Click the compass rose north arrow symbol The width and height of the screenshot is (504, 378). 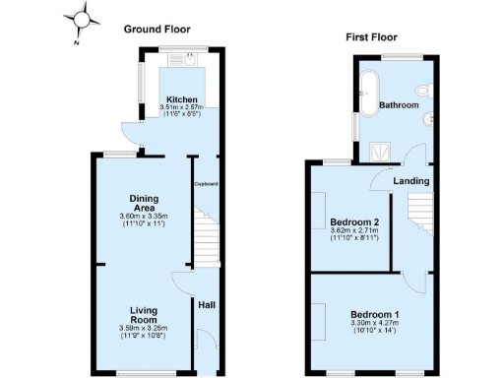pyautogui.click(x=85, y=19)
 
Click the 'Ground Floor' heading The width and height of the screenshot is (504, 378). pyautogui.click(x=157, y=30)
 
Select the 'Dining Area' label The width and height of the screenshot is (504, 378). pyautogui.click(x=145, y=203)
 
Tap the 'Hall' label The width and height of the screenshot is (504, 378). pyautogui.click(x=207, y=305)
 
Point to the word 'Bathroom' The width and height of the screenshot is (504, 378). pyautogui.click(x=400, y=105)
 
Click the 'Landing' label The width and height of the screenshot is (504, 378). pyautogui.click(x=410, y=181)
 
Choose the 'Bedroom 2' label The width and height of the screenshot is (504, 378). pyautogui.click(x=355, y=221)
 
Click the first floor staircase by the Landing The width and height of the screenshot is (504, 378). pyautogui.click(x=420, y=211)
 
